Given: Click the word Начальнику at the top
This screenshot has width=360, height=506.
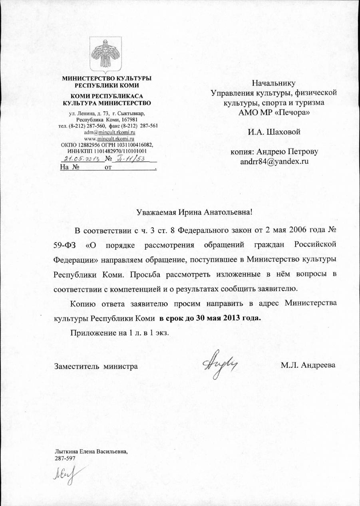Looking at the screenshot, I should pos(274,83).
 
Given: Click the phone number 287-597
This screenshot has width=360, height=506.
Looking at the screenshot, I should pos(65,458).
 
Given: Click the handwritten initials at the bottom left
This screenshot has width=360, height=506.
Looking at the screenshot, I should pos(66,475).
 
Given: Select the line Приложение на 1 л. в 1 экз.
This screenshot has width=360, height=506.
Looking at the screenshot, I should pos(123,333).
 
